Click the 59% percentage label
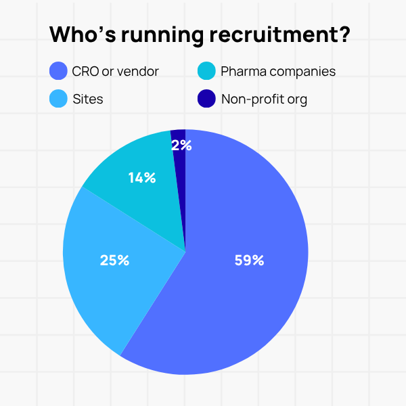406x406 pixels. tap(249, 259)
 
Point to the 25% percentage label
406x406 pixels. tap(114, 259)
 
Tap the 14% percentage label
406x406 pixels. tap(142, 178)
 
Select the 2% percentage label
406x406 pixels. tap(181, 145)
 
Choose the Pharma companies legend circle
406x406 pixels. tap(206, 70)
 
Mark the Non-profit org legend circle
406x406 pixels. tap(206, 99)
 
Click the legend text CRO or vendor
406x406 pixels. tap(115, 71)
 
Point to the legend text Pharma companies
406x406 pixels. tap(277, 71)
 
